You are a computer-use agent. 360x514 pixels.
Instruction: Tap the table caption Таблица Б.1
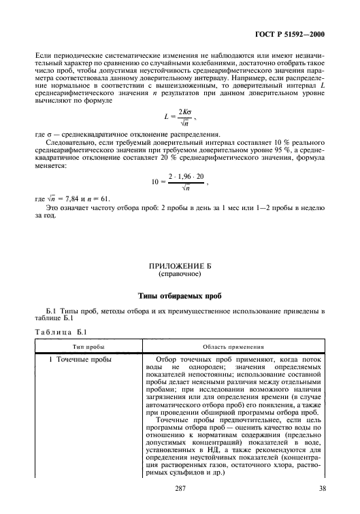tap(61, 332)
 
